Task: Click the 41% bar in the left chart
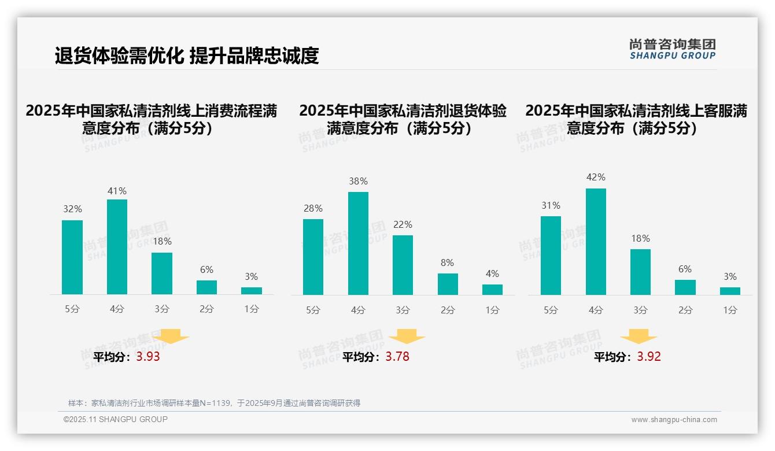pos(117,247)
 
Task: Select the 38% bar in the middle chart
pos(358,243)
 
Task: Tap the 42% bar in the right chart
pos(596,242)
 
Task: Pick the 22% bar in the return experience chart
pos(403,265)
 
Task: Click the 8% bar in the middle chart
pos(448,284)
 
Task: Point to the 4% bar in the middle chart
pos(492,289)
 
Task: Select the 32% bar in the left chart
pos(72,257)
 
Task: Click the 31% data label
pos(551,205)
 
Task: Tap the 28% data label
pos(313,208)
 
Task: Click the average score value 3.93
pos(148,357)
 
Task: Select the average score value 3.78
pos(397,357)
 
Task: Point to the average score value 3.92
pos(649,357)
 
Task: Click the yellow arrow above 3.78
pos(407,337)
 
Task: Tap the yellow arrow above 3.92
pos(639,337)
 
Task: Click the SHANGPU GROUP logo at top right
pos(672,49)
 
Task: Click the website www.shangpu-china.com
pos(674,420)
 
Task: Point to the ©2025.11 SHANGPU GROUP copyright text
pos(116,419)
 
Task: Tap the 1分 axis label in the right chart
pos(730,310)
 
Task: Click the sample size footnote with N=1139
pos(214,403)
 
